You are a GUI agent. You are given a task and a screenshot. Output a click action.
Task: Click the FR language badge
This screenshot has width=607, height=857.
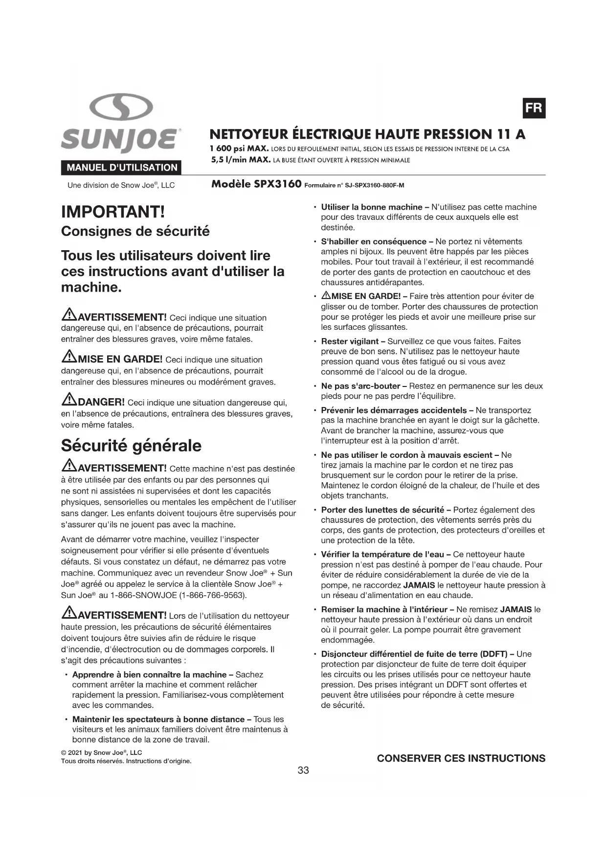tap(534, 108)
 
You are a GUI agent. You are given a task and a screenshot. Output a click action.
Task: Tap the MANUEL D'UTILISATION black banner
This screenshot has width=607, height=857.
tap(121, 168)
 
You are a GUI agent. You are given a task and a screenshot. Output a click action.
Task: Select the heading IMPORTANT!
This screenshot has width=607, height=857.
tap(113, 212)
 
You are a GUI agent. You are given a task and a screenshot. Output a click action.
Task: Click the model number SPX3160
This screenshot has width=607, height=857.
tap(277, 184)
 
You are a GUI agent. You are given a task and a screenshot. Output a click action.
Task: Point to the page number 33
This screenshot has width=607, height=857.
tap(303, 770)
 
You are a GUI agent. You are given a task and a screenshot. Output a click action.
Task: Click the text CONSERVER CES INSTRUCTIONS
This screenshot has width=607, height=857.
tap(461, 758)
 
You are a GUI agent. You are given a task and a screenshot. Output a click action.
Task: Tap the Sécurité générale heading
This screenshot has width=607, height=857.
tap(131, 446)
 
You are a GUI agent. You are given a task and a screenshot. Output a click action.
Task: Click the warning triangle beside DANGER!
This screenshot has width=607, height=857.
tap(69, 400)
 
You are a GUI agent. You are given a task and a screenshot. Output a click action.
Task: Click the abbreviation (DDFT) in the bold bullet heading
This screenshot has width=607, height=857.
tap(494, 654)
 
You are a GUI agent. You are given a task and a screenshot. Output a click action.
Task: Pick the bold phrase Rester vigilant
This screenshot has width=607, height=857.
tap(350, 341)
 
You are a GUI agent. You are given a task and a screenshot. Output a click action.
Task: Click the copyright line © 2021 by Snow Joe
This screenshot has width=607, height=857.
tap(101, 752)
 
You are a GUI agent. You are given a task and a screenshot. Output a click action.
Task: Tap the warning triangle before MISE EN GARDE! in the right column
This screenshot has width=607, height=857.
tap(326, 296)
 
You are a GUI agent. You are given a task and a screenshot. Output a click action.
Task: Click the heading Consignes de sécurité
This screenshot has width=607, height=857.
tap(135, 231)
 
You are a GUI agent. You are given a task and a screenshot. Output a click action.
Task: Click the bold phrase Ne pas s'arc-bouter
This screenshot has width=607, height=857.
tap(360, 386)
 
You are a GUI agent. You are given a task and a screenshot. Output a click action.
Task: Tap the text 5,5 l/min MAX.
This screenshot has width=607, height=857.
tap(241, 160)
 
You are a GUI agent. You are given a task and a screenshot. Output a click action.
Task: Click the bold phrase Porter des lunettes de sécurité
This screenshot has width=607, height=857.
tap(382, 510)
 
